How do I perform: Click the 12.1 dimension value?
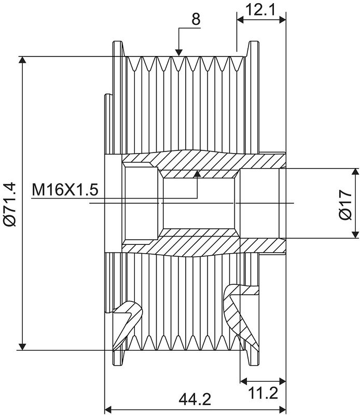coord(260,10)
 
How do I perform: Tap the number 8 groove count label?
coord(196,19)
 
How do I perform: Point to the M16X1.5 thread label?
coord(65,190)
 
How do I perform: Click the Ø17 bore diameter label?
coord(345,204)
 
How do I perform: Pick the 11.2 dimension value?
coord(263,393)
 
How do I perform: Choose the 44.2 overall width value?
coord(195,399)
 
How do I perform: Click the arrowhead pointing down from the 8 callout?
coord(179,52)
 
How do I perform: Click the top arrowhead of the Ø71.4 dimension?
coord(22,60)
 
